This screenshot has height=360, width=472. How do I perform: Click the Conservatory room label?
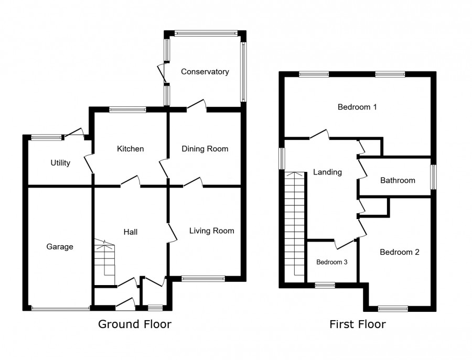(x=205, y=72)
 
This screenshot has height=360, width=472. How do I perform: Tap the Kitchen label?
(x=131, y=149)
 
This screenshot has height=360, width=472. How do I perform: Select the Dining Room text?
(x=205, y=149)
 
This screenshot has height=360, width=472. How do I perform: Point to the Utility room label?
(x=60, y=162)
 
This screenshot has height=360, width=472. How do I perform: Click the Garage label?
(x=60, y=247)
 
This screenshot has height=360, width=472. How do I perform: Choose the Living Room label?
(x=212, y=231)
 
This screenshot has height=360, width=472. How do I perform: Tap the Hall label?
(x=131, y=232)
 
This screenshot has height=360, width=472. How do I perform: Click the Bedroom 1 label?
(x=357, y=107)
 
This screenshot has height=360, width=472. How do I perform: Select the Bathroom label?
(x=398, y=180)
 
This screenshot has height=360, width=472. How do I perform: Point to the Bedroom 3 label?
(x=332, y=262)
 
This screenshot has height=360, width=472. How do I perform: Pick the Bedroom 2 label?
(x=400, y=252)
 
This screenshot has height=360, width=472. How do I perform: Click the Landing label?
(x=327, y=172)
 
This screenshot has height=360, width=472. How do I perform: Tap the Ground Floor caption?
(x=135, y=324)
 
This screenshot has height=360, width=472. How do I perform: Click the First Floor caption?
(x=358, y=324)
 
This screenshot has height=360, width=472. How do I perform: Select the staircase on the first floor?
(x=295, y=224)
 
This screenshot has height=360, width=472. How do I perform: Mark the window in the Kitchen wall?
(x=127, y=110)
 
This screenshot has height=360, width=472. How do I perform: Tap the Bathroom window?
(x=433, y=177)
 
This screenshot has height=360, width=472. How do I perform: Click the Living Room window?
(x=203, y=279)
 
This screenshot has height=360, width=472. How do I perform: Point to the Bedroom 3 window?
(x=325, y=285)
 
